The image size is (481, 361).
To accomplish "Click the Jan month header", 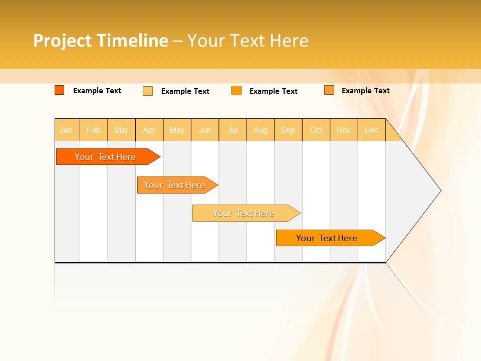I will click(x=67, y=130).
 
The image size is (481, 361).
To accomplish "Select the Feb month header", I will click(x=94, y=130).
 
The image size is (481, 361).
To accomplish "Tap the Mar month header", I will click(x=121, y=130).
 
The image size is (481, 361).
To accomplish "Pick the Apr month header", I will click(x=149, y=130).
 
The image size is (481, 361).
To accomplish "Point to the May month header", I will click(x=177, y=130).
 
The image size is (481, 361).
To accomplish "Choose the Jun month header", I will click(x=205, y=130).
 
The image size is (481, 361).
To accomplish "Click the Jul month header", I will click(x=233, y=130).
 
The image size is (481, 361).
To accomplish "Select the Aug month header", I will click(x=261, y=130).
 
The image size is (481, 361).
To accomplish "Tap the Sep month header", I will click(x=288, y=130).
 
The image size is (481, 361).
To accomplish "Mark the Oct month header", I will click(x=316, y=130).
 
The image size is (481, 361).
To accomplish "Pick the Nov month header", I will click(x=344, y=130).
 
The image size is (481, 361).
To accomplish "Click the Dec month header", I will click(x=372, y=130).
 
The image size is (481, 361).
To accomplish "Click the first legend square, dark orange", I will click(x=60, y=90).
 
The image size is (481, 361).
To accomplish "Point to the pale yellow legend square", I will click(x=148, y=91).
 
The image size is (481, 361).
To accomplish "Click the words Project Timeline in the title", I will click(x=101, y=41).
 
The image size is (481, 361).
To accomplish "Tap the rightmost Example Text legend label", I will click(x=365, y=91).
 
